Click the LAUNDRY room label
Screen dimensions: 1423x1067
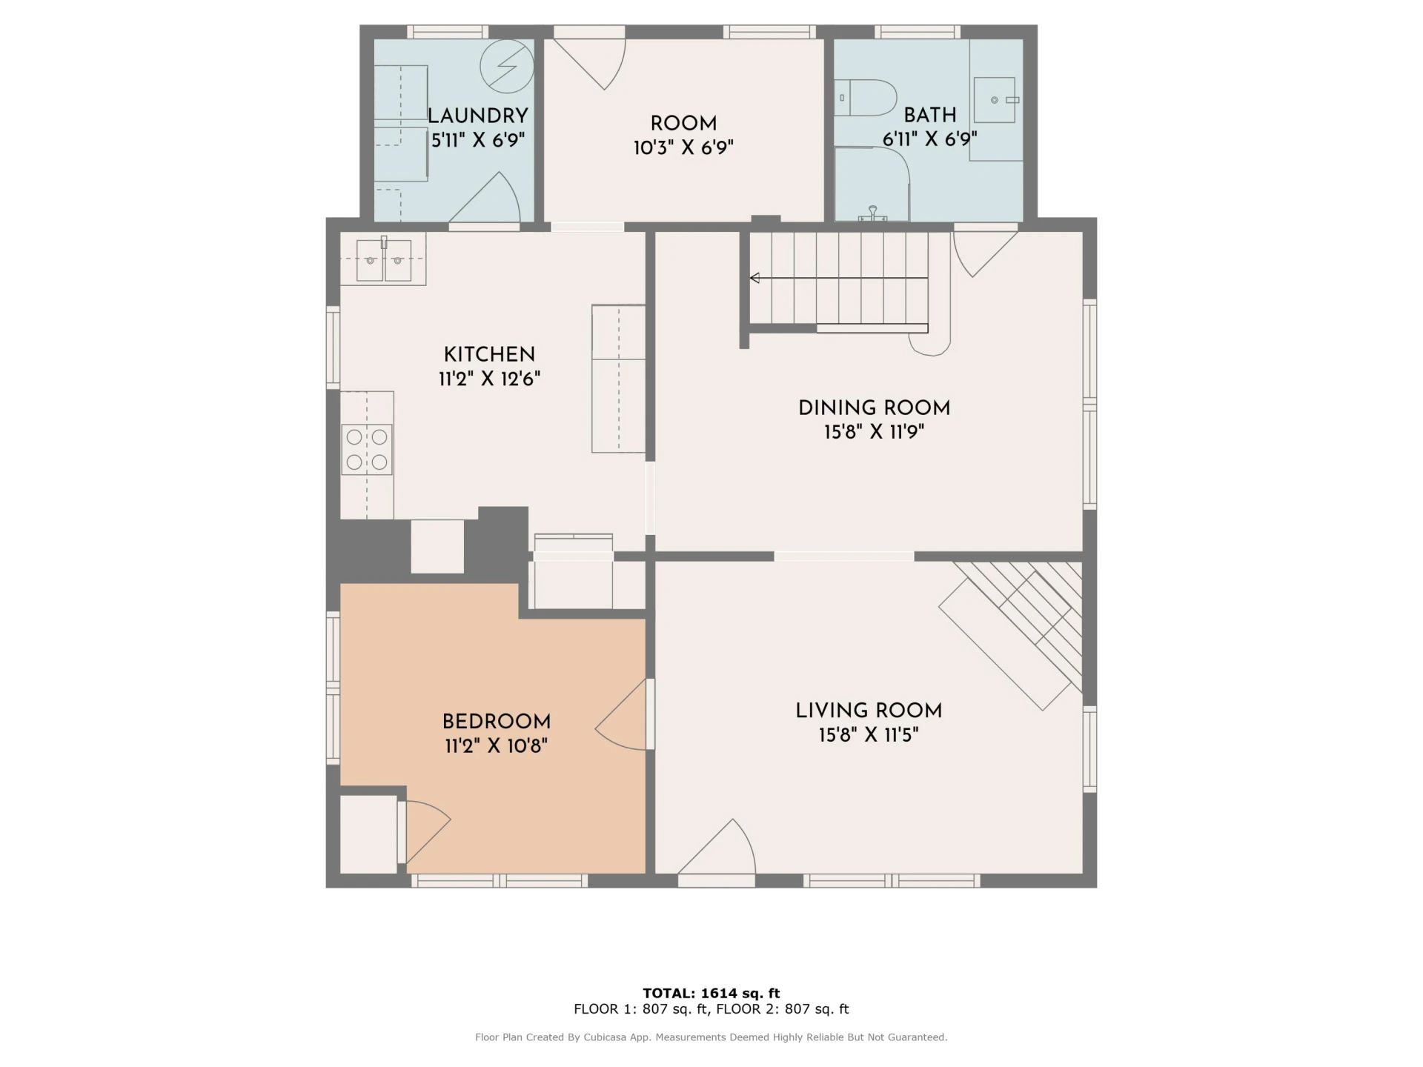(x=478, y=116)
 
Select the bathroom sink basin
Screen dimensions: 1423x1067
(x=995, y=99)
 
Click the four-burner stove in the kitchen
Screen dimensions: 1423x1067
(x=367, y=449)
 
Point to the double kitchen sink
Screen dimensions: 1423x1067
(x=384, y=260)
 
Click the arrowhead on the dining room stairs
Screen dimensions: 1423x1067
(x=755, y=278)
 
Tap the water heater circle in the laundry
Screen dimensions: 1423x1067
(x=507, y=66)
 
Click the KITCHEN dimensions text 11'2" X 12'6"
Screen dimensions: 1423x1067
(x=489, y=379)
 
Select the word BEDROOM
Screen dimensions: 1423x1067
(x=497, y=722)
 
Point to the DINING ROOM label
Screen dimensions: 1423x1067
(x=874, y=408)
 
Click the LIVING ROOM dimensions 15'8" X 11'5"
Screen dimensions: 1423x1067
(x=869, y=735)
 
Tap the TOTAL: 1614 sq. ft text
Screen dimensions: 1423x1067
(x=711, y=993)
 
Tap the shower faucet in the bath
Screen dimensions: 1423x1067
(x=873, y=214)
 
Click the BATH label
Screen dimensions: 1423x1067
(x=930, y=115)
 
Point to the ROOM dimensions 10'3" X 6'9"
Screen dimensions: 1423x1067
(x=683, y=147)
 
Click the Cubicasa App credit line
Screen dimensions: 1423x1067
(x=711, y=1037)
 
